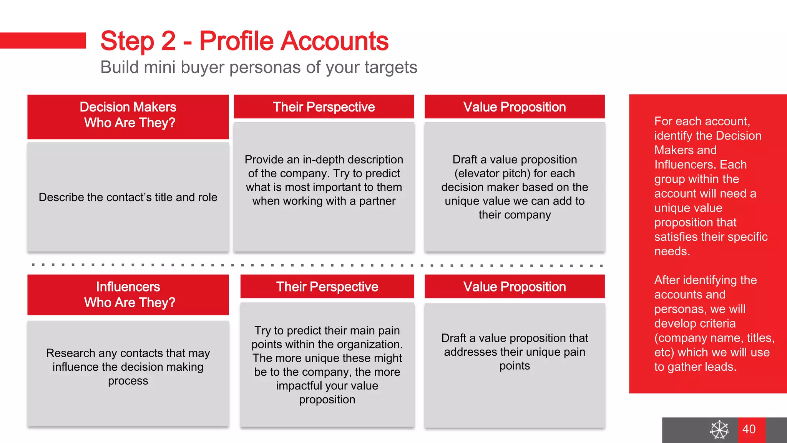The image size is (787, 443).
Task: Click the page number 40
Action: click(749, 429)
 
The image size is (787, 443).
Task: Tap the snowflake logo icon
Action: click(719, 430)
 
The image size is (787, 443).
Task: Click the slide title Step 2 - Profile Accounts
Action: click(244, 41)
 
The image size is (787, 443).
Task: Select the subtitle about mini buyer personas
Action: click(259, 67)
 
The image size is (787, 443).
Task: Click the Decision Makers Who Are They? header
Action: click(128, 115)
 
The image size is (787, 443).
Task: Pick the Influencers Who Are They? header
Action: click(128, 295)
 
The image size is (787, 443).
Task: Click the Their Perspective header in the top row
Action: click(324, 107)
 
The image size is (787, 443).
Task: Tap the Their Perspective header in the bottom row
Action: click(327, 286)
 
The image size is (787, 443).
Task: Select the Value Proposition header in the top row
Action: click(514, 107)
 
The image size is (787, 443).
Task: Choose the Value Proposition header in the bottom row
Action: click(514, 286)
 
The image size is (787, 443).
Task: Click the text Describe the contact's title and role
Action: click(128, 197)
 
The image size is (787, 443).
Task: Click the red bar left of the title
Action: click(43, 40)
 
